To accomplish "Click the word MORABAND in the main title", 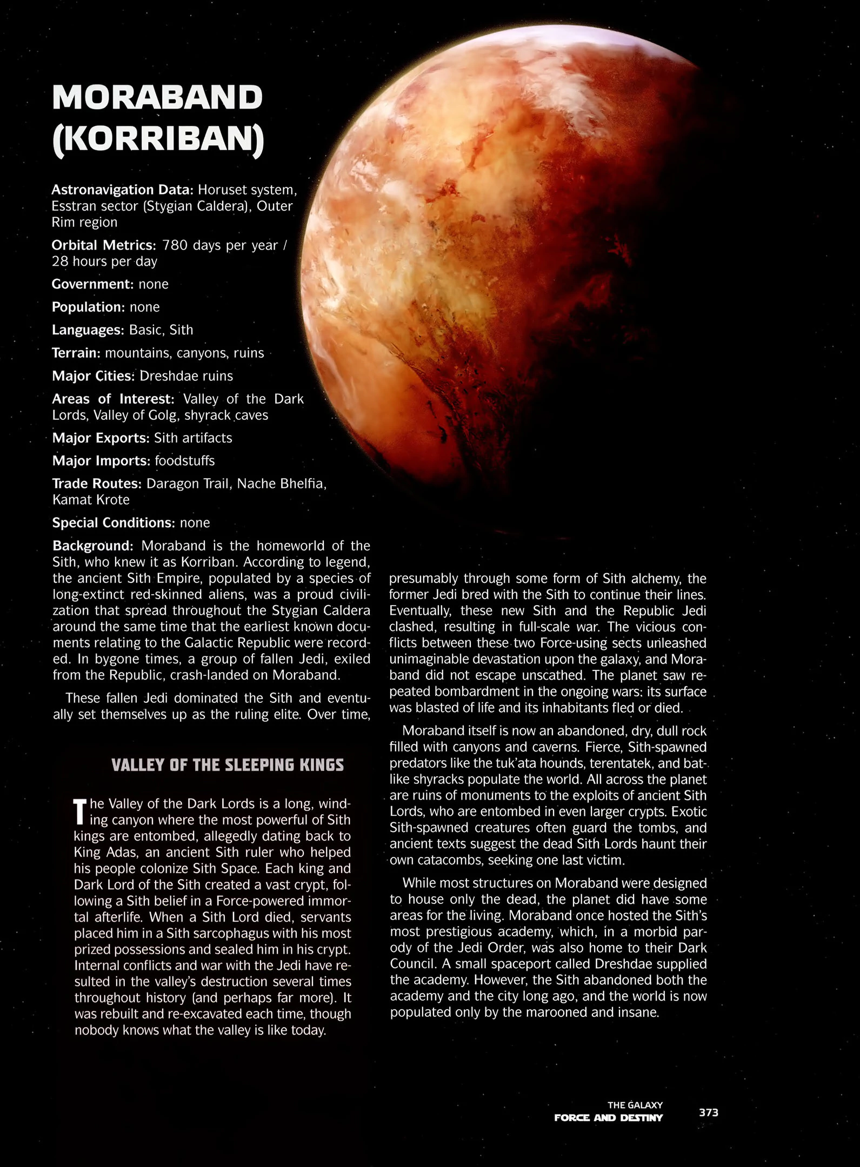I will tap(157, 97).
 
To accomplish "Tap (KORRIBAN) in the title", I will tap(158, 139).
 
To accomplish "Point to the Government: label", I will tap(92, 284).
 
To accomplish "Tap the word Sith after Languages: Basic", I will tap(181, 330).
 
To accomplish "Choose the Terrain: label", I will tap(76, 353).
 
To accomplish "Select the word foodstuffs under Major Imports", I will tap(184, 461).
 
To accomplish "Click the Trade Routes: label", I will tap(97, 484).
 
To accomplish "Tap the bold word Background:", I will tap(92, 546).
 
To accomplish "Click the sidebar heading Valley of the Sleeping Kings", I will tap(227, 765).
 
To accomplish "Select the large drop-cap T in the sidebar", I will tap(79, 811).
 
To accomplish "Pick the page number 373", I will tap(708, 1112).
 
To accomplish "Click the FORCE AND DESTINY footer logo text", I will tap(608, 1118).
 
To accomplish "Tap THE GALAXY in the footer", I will tap(635, 1105).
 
